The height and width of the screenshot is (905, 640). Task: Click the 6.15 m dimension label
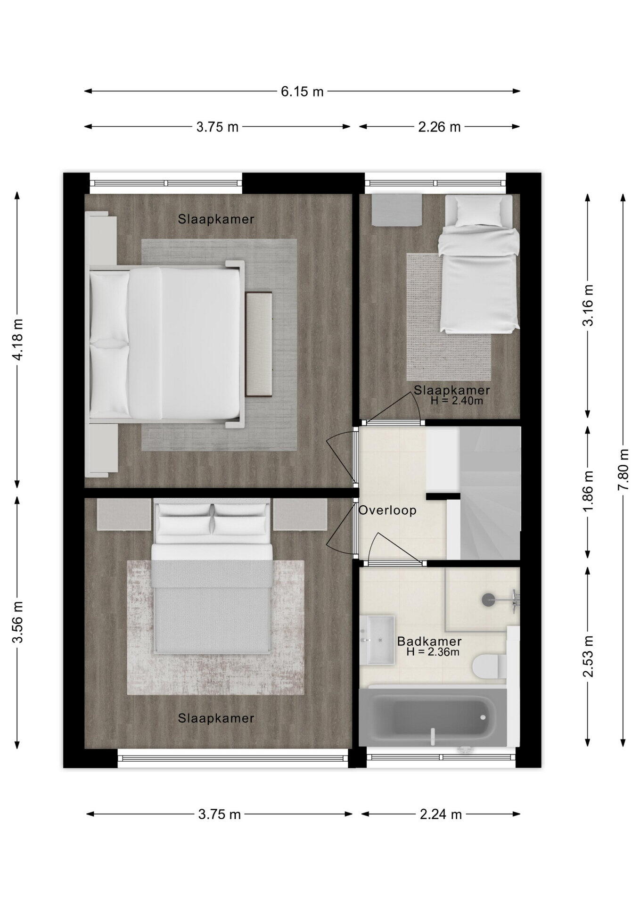click(302, 91)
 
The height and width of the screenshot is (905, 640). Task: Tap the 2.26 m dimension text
click(439, 127)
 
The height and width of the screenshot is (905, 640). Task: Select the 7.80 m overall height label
click(624, 469)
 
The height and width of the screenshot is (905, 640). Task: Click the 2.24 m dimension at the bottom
click(441, 814)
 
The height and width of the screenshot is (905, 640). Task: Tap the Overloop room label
click(387, 510)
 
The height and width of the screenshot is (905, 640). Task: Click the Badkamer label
click(429, 641)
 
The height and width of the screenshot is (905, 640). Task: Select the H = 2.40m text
click(457, 401)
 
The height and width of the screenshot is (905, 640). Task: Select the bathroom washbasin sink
click(377, 640)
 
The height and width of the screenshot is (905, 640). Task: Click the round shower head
click(488, 600)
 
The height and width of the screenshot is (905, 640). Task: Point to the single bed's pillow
click(479, 210)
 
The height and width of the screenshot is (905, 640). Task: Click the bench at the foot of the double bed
click(259, 345)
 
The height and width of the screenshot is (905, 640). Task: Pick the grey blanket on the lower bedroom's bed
click(213, 607)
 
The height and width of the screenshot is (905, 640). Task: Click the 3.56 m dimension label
click(17, 622)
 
